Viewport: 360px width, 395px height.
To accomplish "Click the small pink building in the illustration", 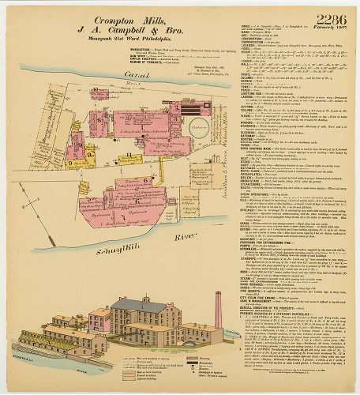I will pyautogui.click(x=100, y=321).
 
